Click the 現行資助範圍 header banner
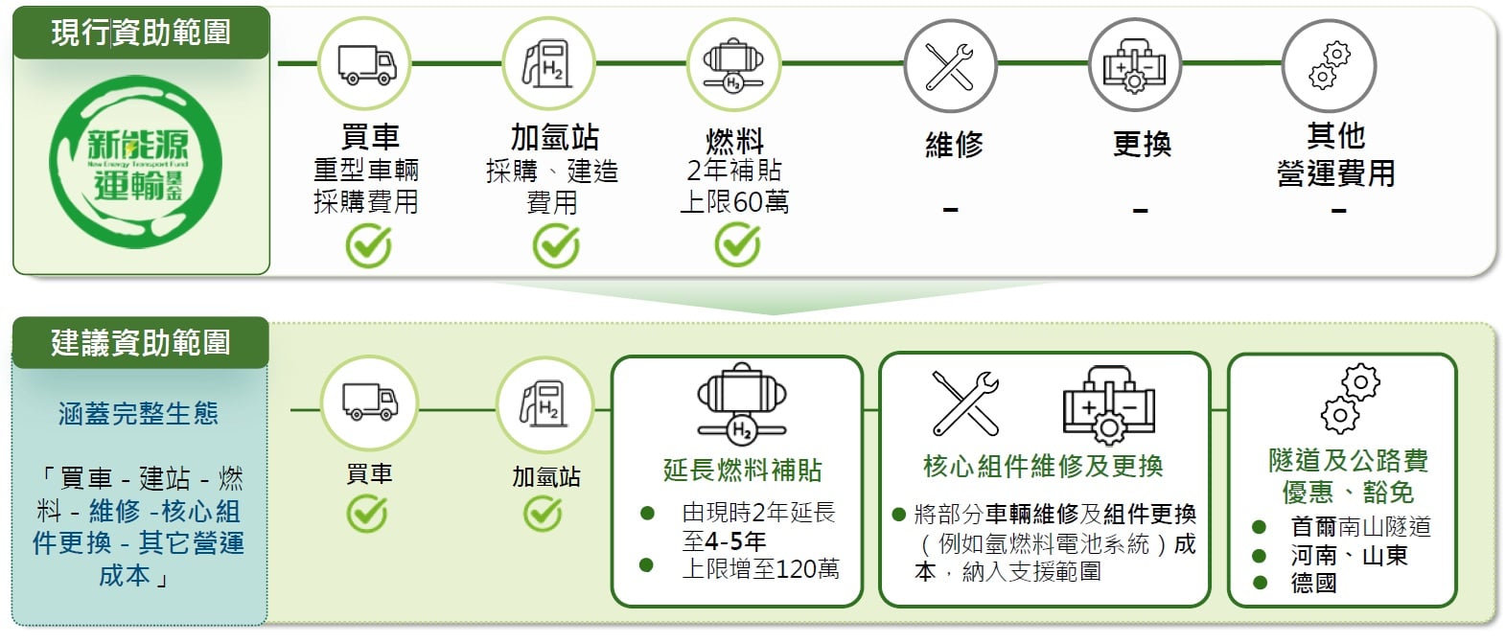tap(141, 33)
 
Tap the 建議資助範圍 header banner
tap(140, 343)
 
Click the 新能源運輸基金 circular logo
tap(136, 162)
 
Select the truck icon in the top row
tap(366, 64)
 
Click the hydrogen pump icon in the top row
tap(547, 64)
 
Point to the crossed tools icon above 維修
tap(949, 66)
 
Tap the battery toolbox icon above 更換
tap(1134, 65)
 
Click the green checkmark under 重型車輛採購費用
tap(369, 246)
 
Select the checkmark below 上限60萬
tap(737, 245)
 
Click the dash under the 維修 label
tap(950, 210)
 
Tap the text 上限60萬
tap(734, 201)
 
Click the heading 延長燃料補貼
tap(742, 471)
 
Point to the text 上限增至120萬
tap(760, 569)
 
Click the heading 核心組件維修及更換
tap(1043, 466)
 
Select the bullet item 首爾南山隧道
tap(1360, 527)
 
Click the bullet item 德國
tap(1313, 583)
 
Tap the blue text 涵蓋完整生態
tap(138, 413)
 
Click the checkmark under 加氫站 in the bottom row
tap(544, 514)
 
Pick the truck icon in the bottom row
tap(369, 402)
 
